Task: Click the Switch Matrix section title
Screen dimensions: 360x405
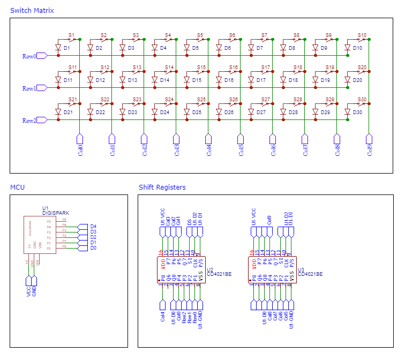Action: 32,11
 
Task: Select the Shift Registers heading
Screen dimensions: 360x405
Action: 162,187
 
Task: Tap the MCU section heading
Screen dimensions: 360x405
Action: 18,187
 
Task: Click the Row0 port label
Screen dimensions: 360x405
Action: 29,56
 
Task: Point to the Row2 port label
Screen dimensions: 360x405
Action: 29,121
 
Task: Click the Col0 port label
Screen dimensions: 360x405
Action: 80,150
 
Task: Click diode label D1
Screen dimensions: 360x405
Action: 67,48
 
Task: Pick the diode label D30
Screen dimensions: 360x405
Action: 357,112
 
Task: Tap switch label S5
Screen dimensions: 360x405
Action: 200,35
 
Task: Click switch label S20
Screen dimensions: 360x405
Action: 362,67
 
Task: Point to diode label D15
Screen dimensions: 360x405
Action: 197,80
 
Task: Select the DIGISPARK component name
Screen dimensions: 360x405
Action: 56,213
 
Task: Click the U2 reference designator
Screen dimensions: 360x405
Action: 210,269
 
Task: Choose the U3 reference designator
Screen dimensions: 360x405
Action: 301,269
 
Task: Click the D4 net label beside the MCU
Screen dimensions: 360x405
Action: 93,227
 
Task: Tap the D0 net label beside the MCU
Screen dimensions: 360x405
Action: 93,248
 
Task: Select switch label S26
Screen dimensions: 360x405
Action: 234,100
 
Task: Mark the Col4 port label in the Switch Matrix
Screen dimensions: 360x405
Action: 209,150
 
